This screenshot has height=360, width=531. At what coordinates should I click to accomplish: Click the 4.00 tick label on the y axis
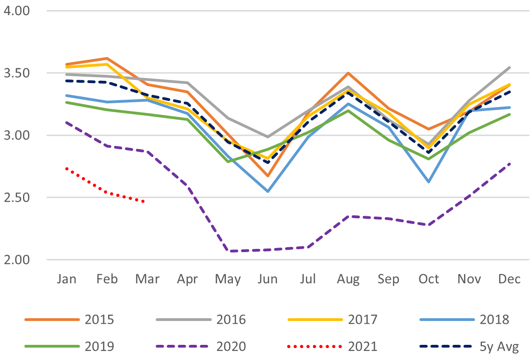(x=17, y=10)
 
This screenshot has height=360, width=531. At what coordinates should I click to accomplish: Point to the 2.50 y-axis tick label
(x=17, y=197)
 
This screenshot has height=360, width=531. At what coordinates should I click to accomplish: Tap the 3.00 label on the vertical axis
(x=17, y=135)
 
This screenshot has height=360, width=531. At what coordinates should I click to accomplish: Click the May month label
(x=228, y=279)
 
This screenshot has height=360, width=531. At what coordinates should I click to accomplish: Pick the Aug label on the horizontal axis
(x=349, y=279)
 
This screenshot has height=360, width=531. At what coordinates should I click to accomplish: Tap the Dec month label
(x=509, y=279)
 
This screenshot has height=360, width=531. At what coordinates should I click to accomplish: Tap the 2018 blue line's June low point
(x=268, y=191)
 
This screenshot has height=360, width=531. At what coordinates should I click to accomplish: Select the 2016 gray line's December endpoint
(x=509, y=67)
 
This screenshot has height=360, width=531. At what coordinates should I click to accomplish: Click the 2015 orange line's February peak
(x=107, y=58)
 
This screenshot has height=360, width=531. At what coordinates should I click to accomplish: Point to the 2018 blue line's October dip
(x=429, y=182)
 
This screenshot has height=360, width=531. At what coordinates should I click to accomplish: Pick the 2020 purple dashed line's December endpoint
(x=509, y=163)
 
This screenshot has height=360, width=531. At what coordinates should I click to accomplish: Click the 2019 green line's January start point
(x=67, y=102)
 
